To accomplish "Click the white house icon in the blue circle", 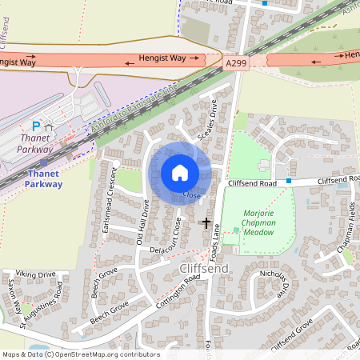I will [x=180, y=172].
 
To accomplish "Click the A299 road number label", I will [x=237, y=62].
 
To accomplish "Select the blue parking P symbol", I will [x=35, y=126].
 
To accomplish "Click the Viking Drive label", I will [x=35, y=274].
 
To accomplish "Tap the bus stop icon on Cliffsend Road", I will [x=288, y=181].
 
